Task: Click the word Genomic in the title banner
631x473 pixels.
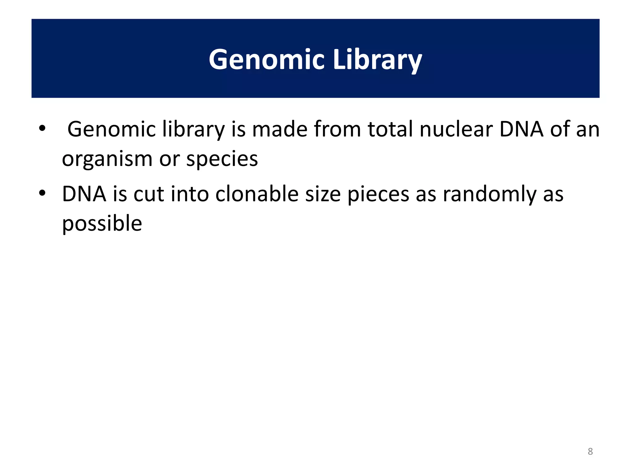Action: click(x=267, y=59)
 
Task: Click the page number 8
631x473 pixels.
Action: click(x=590, y=451)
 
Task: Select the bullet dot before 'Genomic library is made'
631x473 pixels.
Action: click(x=42, y=128)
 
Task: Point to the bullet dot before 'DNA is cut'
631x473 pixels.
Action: click(x=42, y=193)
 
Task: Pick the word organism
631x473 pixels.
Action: click(x=107, y=159)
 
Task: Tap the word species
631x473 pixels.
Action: click(x=222, y=159)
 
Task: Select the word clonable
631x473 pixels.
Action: click(x=257, y=194)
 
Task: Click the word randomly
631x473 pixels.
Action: click(x=489, y=194)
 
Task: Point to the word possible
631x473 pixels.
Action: click(x=102, y=223)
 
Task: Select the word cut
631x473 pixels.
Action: click(x=149, y=194)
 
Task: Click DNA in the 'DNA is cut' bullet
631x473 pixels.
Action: click(x=84, y=194)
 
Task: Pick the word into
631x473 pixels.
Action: click(x=190, y=194)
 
